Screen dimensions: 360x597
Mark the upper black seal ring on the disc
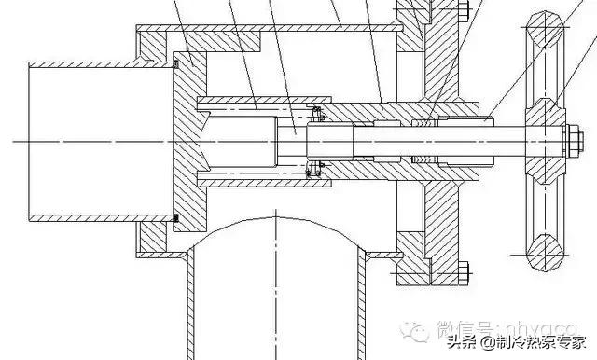coord(176,64)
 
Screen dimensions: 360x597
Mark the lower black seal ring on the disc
coord(176,218)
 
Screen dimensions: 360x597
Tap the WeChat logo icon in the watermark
coord(416,328)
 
